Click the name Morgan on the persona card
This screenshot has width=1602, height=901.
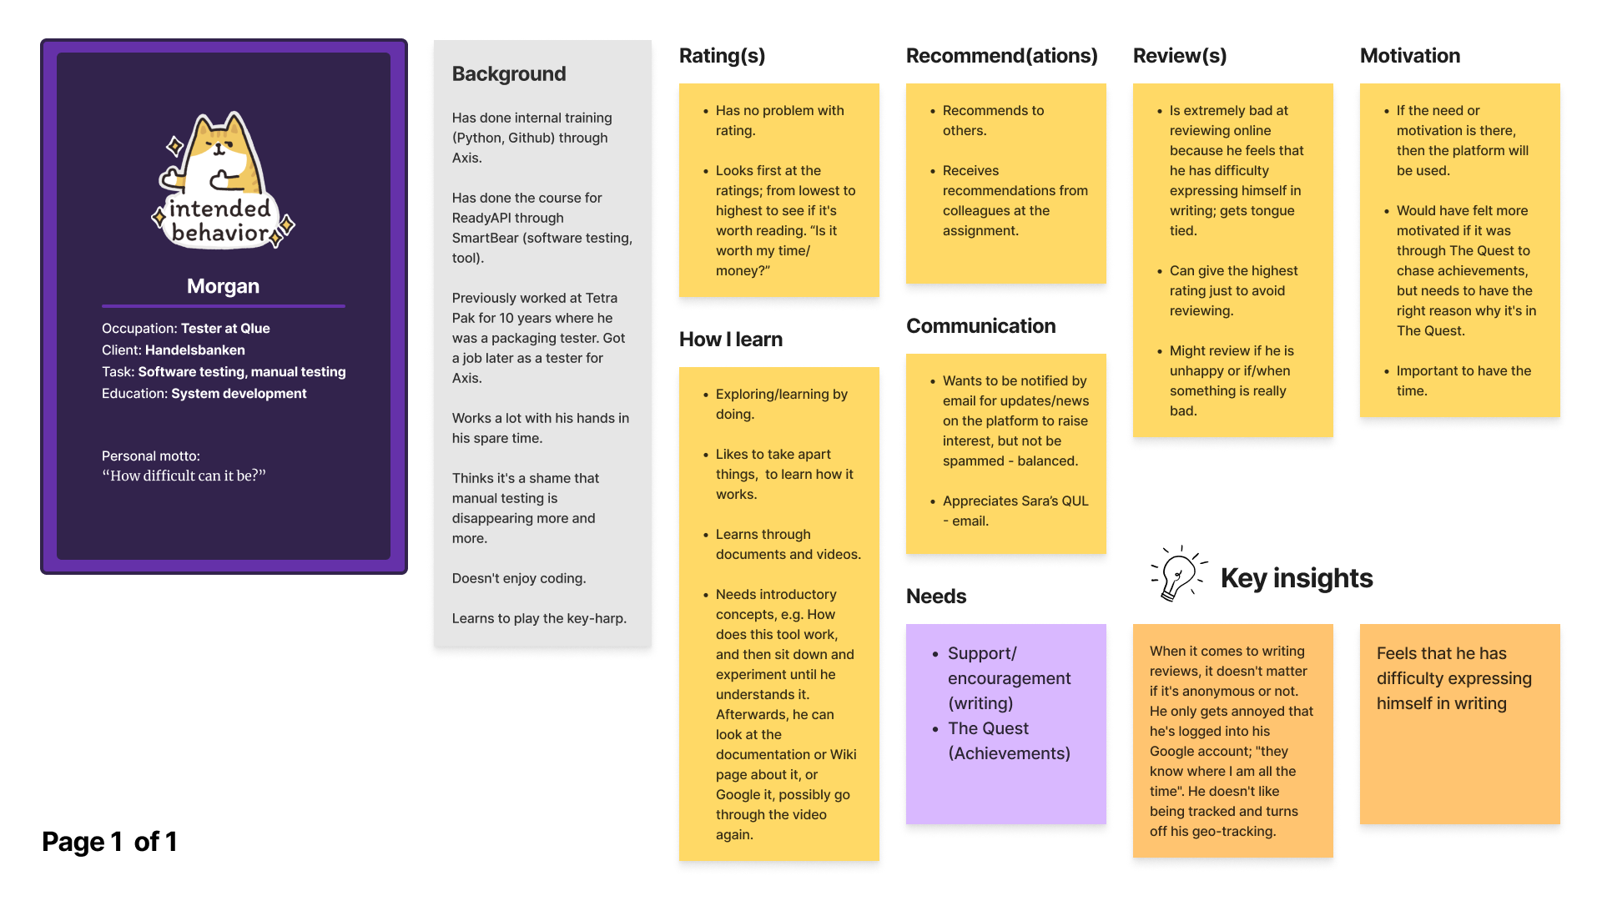[223, 286]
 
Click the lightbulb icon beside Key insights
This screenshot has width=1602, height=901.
[1177, 573]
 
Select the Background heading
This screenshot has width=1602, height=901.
[509, 74]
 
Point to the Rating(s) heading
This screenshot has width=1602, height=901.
[722, 56]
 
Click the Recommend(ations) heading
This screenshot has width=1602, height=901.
[1001, 56]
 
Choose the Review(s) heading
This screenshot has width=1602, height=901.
[1179, 56]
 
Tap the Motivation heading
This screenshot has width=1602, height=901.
[1409, 56]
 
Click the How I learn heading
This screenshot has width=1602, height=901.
[730, 340]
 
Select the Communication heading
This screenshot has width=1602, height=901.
[980, 326]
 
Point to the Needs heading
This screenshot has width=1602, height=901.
[935, 596]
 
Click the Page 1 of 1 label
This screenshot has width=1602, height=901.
[109, 842]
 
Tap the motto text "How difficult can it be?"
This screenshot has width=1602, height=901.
[184, 476]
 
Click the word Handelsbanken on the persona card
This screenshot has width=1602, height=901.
[194, 350]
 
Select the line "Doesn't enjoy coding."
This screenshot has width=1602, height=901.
[518, 578]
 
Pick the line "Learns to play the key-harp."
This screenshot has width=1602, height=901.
[538, 618]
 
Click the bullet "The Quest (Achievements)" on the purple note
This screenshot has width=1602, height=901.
[1008, 741]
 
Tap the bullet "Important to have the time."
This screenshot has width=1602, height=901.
[1463, 380]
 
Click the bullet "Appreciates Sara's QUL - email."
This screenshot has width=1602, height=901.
[1015, 511]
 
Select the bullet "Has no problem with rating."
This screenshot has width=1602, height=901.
[778, 120]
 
